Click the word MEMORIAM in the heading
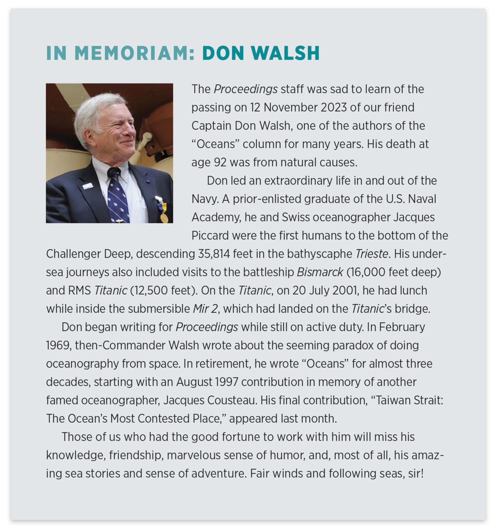coord(134,53)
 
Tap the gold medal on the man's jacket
coord(164,217)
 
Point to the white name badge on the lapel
coord(87,186)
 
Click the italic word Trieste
coord(372,254)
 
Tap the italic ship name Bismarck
coord(320,272)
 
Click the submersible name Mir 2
coord(206,308)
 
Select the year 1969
coord(58,345)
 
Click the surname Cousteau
coord(224,400)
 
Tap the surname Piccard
coord(210,236)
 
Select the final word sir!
coord(416,473)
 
